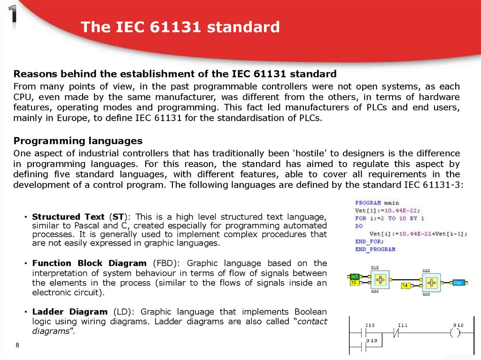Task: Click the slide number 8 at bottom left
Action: (17, 345)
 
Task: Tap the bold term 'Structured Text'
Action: (68, 217)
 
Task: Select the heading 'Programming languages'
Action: (78, 141)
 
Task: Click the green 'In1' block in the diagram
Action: (355, 276)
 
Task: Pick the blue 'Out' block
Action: (458, 283)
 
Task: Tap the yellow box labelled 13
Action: (355, 283)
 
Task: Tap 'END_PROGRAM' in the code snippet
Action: (375, 249)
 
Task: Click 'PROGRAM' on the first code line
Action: (368, 203)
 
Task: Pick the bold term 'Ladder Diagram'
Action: (70, 312)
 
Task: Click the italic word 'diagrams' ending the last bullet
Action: (51, 331)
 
